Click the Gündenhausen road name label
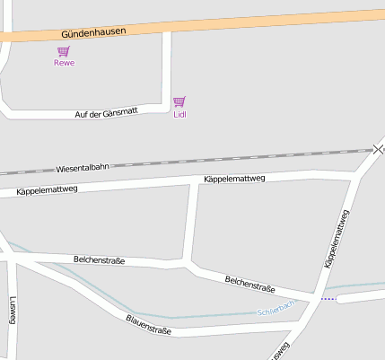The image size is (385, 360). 93,31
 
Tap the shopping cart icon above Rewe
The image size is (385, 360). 64,51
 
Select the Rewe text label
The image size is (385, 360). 64,63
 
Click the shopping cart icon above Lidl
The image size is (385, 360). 179,101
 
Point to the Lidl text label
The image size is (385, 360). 179,114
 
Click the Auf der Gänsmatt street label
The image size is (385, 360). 106,112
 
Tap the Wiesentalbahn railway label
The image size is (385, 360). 82,167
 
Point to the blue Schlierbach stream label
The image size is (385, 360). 276,309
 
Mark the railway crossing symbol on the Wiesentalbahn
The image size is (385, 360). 380,149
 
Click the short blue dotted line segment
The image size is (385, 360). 328,298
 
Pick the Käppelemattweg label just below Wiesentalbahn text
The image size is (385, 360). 48,189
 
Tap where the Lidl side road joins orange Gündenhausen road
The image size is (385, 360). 167,31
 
